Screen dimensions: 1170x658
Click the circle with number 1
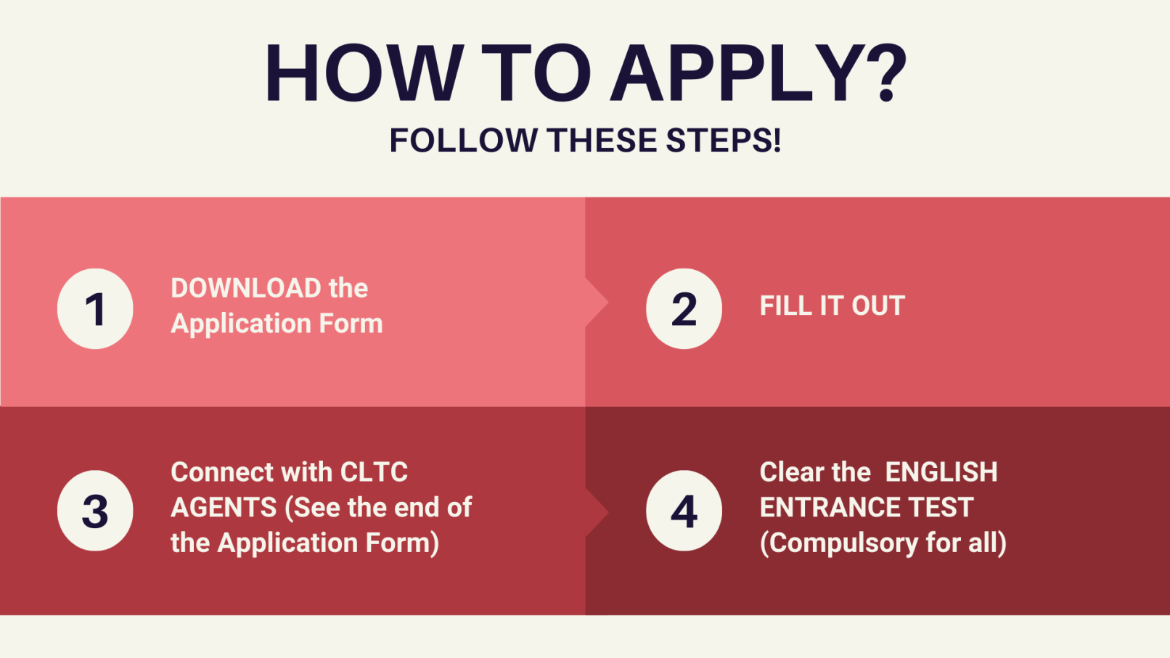click(95, 308)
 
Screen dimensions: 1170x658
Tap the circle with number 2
click(684, 308)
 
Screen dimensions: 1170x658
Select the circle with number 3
click(95, 510)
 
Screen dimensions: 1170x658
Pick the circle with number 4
click(684, 510)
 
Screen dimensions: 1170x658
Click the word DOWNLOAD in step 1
click(246, 288)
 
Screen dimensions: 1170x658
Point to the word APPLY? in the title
click(758, 73)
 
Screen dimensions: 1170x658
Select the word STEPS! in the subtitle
click(724, 141)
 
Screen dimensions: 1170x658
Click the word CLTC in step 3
click(374, 472)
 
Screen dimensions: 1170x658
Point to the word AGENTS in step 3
click(224, 507)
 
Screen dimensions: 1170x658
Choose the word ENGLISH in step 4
click(941, 472)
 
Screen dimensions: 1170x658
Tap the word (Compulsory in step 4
click(839, 543)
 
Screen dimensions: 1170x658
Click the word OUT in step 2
click(878, 306)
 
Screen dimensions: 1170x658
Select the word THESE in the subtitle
click(602, 141)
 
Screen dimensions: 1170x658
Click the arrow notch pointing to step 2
click(597, 303)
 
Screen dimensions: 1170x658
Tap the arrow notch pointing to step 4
click(597, 513)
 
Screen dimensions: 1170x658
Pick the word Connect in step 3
click(222, 472)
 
